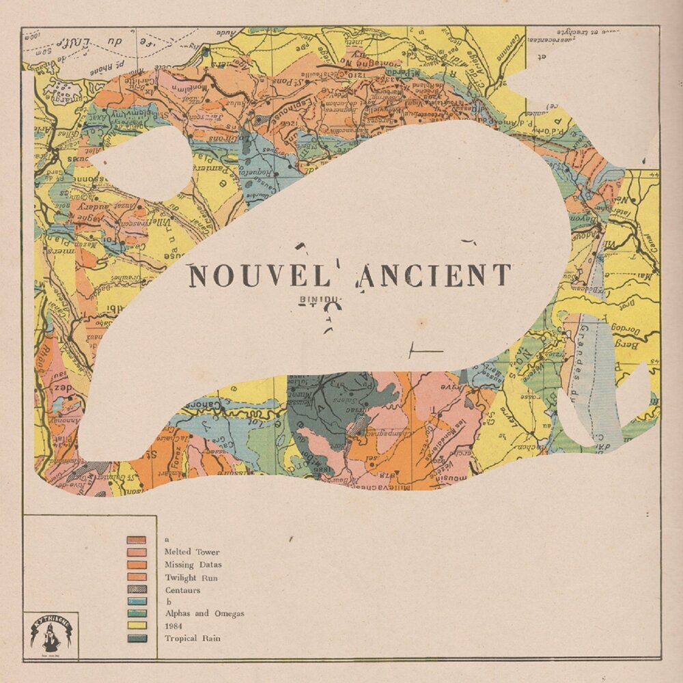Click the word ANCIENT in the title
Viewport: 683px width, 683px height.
[x=434, y=275]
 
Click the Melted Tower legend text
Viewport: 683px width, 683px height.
[x=192, y=552]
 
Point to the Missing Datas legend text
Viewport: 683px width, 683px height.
[x=193, y=564]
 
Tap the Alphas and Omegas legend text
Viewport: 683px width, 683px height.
[x=204, y=613]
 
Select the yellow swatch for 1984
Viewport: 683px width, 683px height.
[x=137, y=626]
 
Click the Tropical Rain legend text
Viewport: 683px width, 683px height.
[x=193, y=638]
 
